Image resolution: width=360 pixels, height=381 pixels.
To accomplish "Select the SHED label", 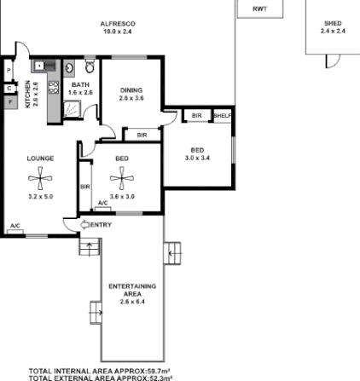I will tap(333, 23).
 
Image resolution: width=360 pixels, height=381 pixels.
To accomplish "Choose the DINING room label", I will tap(131, 89).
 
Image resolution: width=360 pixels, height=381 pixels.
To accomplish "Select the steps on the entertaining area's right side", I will tap(173, 251).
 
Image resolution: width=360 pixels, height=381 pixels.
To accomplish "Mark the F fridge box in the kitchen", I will tap(10, 101).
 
